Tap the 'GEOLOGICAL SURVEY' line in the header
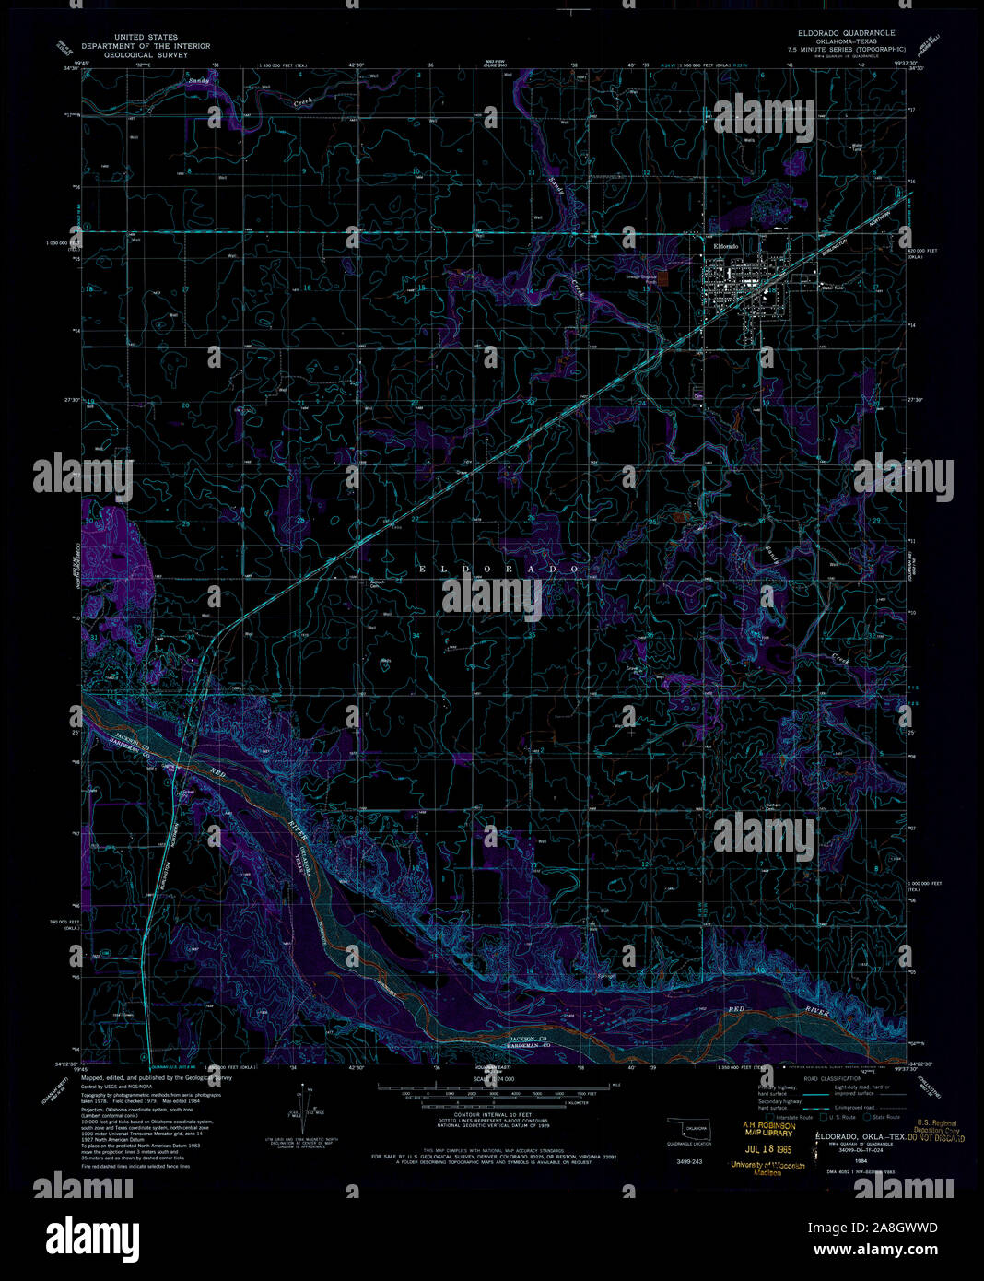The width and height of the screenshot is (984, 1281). click(146, 55)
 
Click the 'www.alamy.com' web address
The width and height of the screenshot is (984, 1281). click(885, 1252)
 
